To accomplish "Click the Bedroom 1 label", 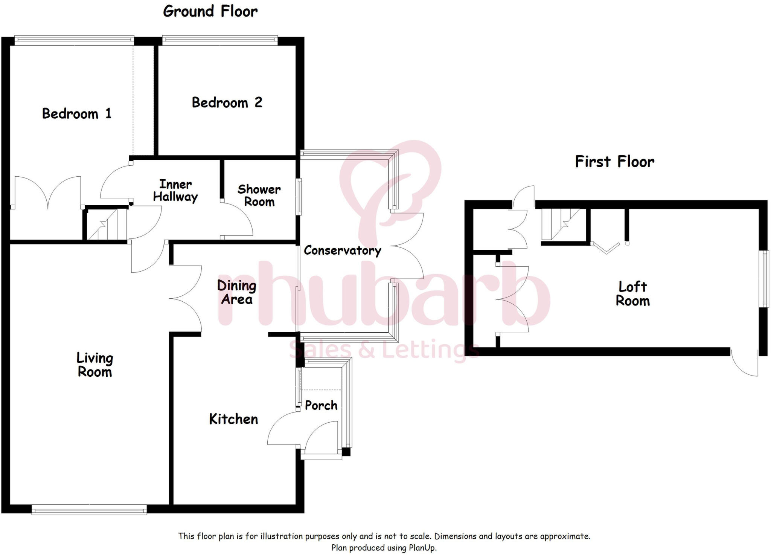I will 77,113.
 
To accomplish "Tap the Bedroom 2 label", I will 227,102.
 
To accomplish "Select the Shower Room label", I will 259,196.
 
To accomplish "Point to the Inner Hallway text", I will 175,191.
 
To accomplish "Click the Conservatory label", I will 342,251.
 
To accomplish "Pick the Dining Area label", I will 237,292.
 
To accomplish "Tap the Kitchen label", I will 233,419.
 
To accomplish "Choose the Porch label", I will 321,405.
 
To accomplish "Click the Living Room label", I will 95,365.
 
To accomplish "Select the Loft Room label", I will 632,294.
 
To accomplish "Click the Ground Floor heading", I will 210,11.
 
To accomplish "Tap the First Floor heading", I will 614,162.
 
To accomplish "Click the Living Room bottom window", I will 89,510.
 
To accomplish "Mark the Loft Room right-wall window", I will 765,279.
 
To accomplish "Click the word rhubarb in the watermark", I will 384,294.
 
